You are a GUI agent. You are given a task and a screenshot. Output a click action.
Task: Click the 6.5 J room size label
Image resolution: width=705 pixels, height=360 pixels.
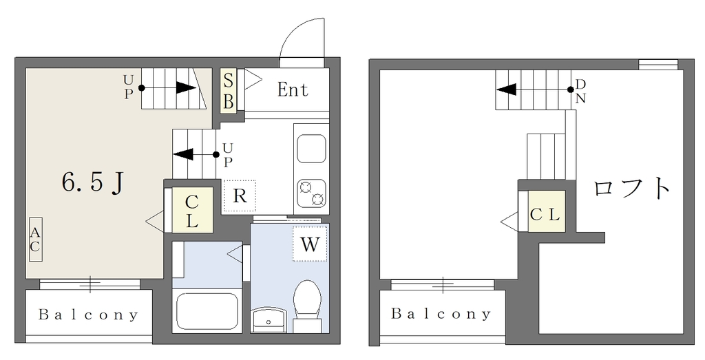tap(93, 183)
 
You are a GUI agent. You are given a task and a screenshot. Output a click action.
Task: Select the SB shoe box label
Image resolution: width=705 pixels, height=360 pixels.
tap(229, 92)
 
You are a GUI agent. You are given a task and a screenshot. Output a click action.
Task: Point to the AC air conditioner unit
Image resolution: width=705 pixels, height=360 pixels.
tap(36, 240)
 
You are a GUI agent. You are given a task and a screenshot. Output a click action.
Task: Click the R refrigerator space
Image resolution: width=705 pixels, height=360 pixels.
tap(240, 196)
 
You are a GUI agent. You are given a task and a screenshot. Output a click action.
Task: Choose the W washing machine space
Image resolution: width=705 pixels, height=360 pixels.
tap(311, 244)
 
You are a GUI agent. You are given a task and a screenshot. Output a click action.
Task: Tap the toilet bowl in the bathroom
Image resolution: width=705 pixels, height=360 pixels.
tap(308, 300)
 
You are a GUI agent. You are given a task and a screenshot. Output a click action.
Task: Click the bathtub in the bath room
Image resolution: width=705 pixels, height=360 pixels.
tap(207, 311)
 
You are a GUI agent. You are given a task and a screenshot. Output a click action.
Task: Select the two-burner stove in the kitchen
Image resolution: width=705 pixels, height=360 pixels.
tap(311, 193)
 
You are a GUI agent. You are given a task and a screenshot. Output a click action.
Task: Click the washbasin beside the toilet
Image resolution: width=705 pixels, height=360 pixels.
tap(269, 319)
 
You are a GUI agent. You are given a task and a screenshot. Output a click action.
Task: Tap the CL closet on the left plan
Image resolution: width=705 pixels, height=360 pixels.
tap(193, 210)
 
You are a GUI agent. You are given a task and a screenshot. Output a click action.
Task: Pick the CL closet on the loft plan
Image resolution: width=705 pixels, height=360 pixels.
tap(546, 211)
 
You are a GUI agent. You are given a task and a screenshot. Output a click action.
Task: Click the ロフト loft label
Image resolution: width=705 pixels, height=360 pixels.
tap(631, 188)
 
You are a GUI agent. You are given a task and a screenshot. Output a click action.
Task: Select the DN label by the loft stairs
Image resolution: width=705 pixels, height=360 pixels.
tap(580, 92)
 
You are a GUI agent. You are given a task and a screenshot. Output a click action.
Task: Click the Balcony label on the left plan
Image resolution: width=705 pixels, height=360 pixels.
tap(88, 314)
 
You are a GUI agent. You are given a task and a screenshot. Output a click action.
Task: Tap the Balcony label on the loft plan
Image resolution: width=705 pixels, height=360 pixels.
tap(441, 313)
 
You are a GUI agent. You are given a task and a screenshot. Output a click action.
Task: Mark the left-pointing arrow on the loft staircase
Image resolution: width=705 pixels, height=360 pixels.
tap(534, 89)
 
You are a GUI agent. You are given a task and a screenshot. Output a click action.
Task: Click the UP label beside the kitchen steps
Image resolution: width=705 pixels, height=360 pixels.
tap(228, 154)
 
